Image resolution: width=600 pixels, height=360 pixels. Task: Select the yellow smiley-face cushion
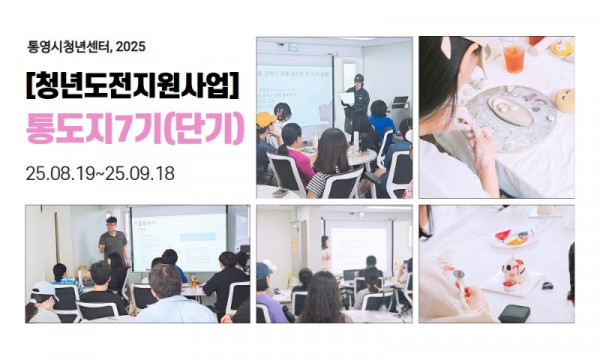pyautogui.click(x=566, y=100)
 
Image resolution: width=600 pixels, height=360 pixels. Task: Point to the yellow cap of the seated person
pyautogui.click(x=266, y=119)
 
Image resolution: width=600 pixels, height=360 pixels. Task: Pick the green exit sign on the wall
pyautogui.click(x=294, y=47)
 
